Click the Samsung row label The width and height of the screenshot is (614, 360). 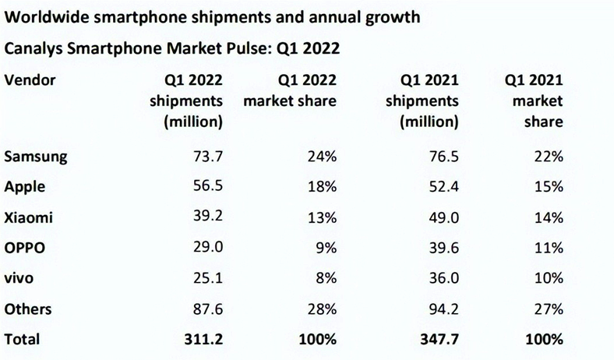(36, 157)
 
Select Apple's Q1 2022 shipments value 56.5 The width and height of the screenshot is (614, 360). (208, 187)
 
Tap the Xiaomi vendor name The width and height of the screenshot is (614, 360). (30, 217)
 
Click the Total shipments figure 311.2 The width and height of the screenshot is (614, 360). (204, 339)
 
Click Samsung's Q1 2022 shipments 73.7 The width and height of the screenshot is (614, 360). (208, 157)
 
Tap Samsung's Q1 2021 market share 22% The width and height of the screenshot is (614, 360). (549, 157)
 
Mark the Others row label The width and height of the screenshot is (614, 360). (28, 309)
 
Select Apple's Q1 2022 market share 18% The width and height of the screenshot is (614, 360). (320, 187)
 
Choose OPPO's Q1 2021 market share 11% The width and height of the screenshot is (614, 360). (549, 248)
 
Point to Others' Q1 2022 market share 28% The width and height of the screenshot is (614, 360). (320, 309)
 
